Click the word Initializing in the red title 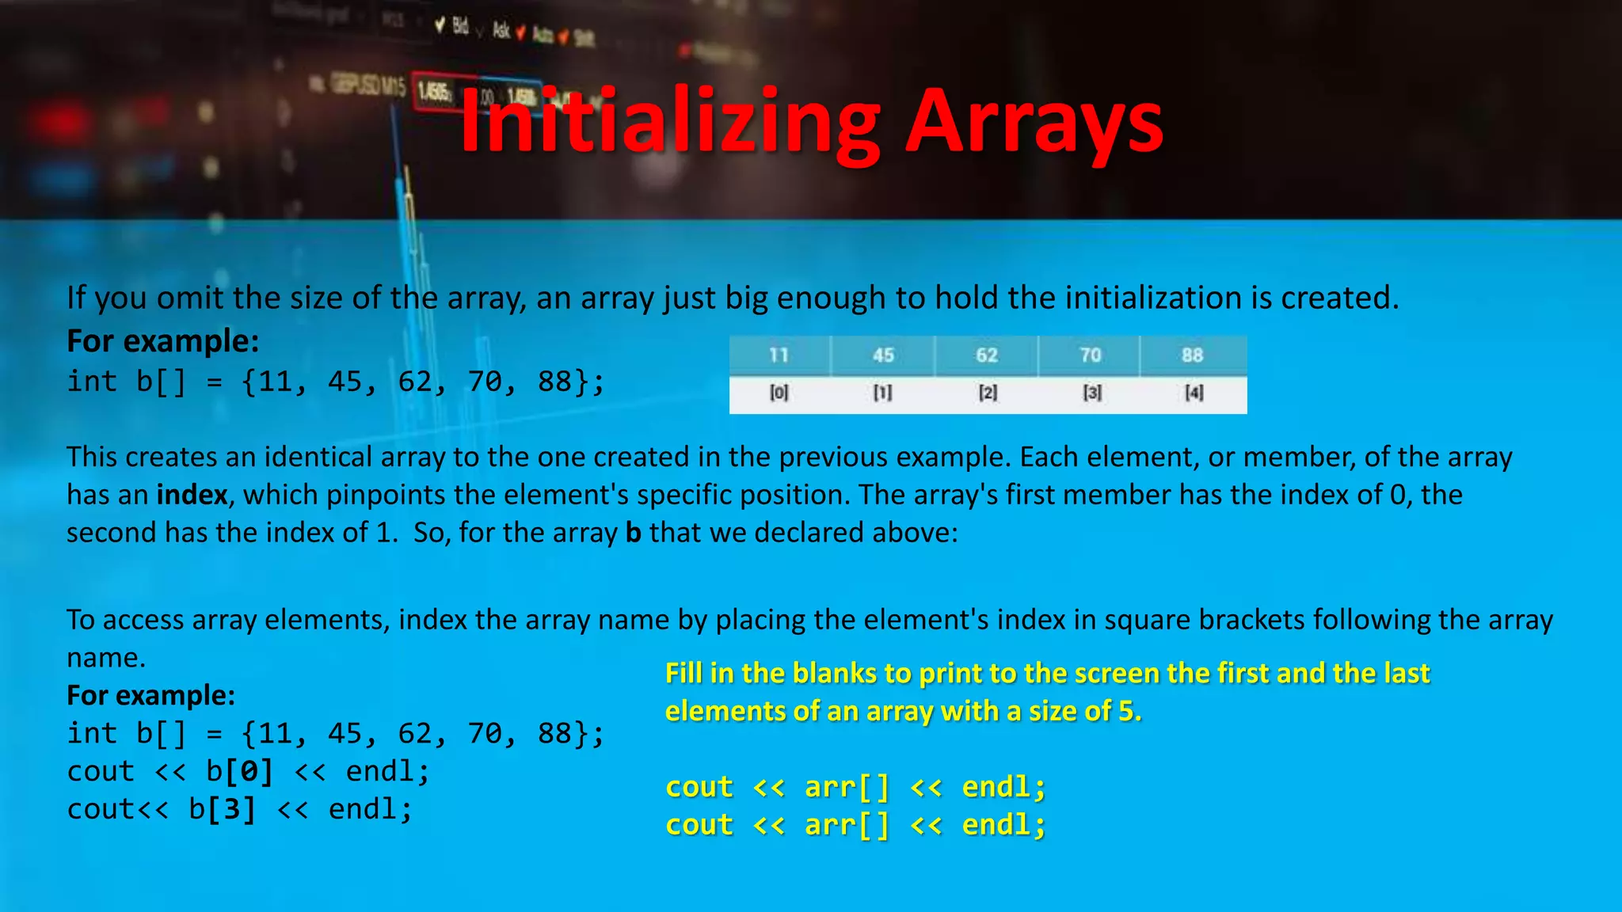tap(670, 122)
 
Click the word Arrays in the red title tap(1034, 122)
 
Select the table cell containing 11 tap(779, 355)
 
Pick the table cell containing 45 tap(883, 355)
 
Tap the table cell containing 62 tap(987, 355)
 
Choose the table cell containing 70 tap(1091, 355)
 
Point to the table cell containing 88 tap(1193, 355)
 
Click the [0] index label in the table tap(779, 393)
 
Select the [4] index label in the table tap(1194, 393)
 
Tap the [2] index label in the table tap(988, 393)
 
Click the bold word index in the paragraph tap(192, 495)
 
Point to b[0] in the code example tap(239, 771)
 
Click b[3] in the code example tap(223, 809)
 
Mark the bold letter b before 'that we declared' tap(633, 533)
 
